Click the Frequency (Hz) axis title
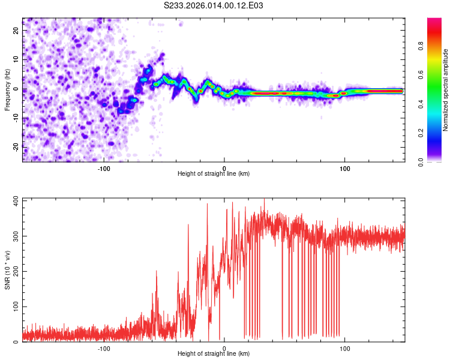coord(7,89)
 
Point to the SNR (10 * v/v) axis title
coord(7,271)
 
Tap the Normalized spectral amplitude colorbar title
coord(445,90)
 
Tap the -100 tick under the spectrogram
coord(103,167)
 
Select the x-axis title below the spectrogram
coord(214,174)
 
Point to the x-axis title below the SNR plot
coord(214,355)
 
